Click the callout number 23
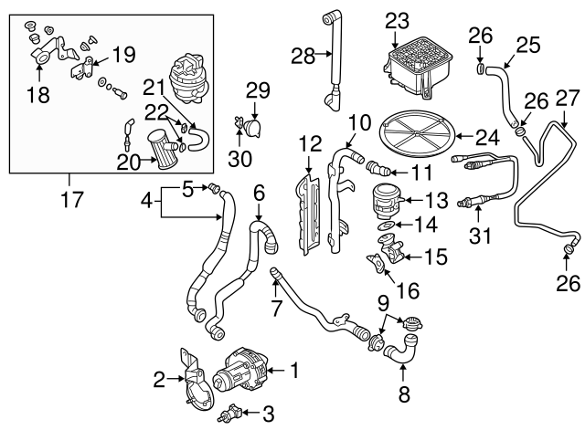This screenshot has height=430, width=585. [x=398, y=19]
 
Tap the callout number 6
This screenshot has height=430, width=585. [x=259, y=192]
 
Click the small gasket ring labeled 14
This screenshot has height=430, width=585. [x=387, y=225]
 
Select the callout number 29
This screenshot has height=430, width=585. [x=259, y=89]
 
